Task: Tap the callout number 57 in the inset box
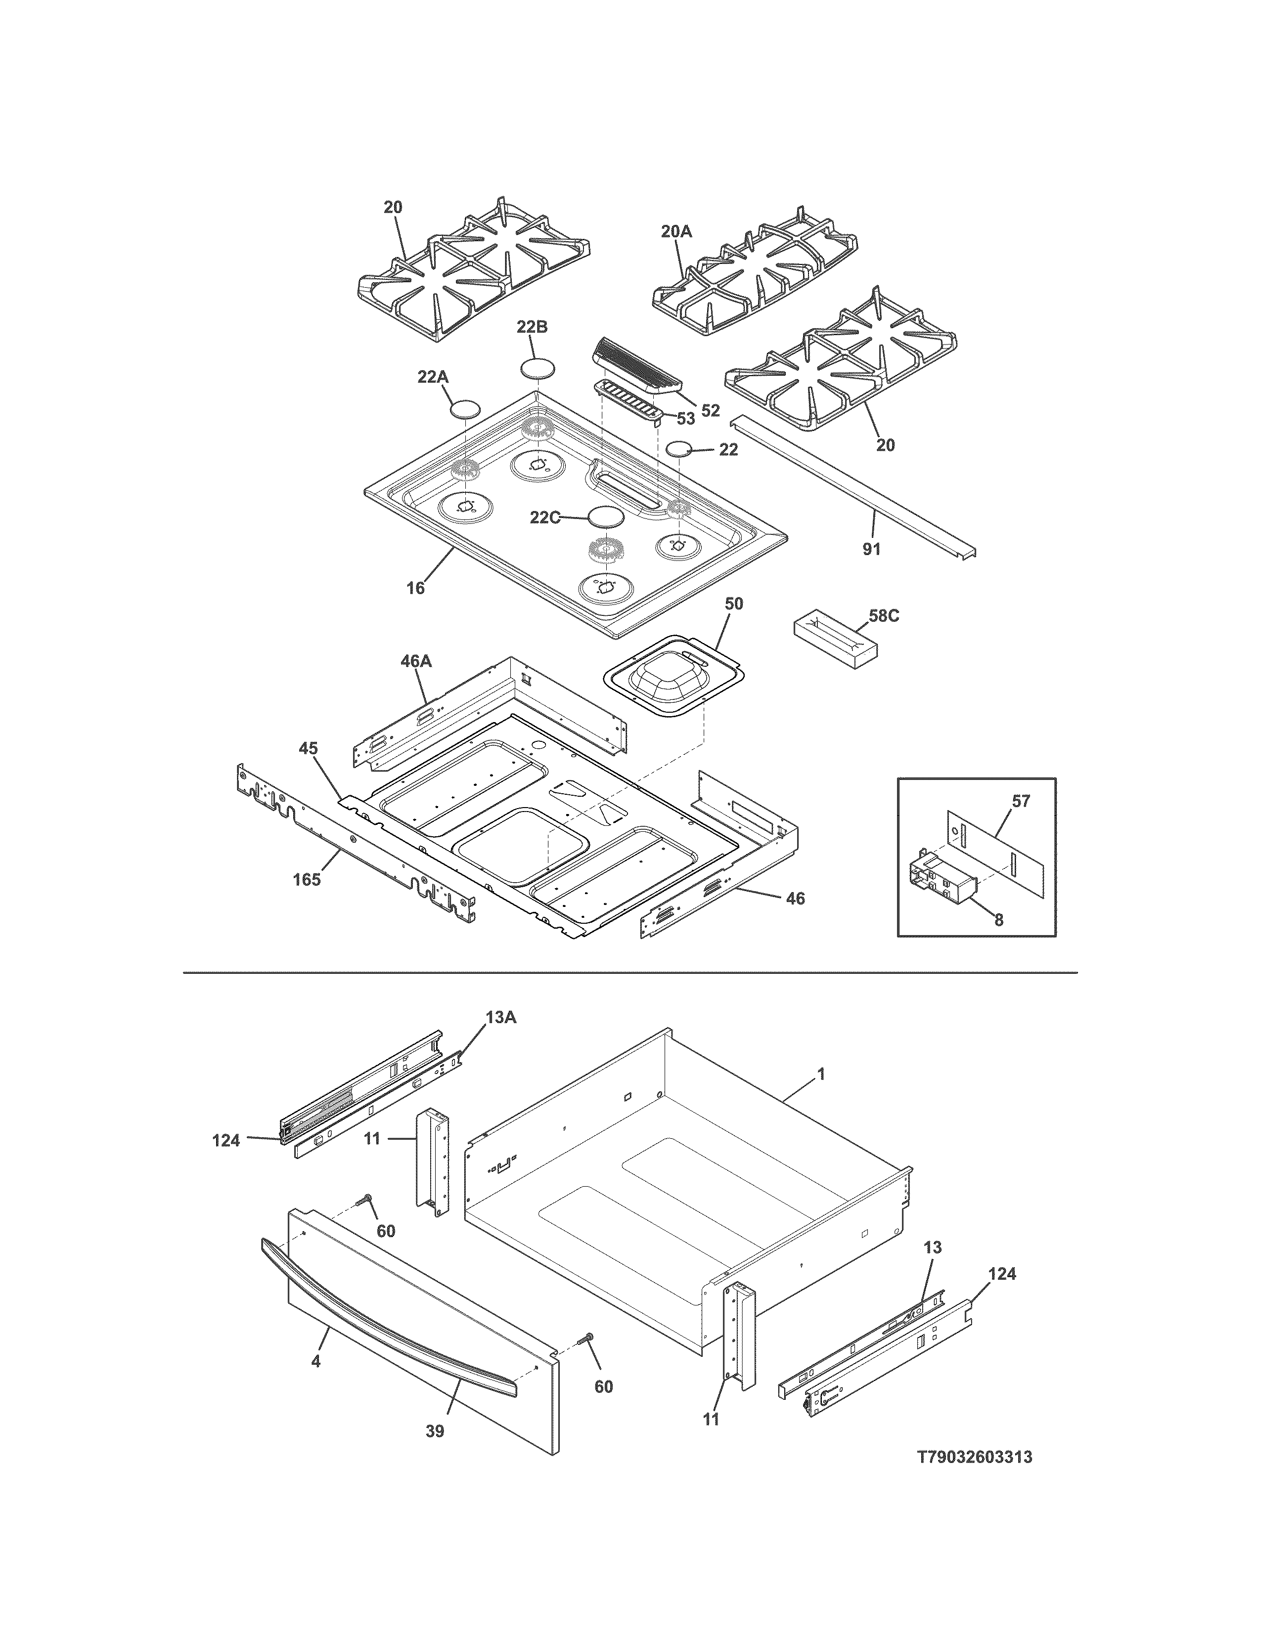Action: pyautogui.click(x=1021, y=801)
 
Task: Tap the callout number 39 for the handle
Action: pyautogui.click(x=434, y=1431)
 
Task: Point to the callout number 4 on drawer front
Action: pyautogui.click(x=315, y=1362)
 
